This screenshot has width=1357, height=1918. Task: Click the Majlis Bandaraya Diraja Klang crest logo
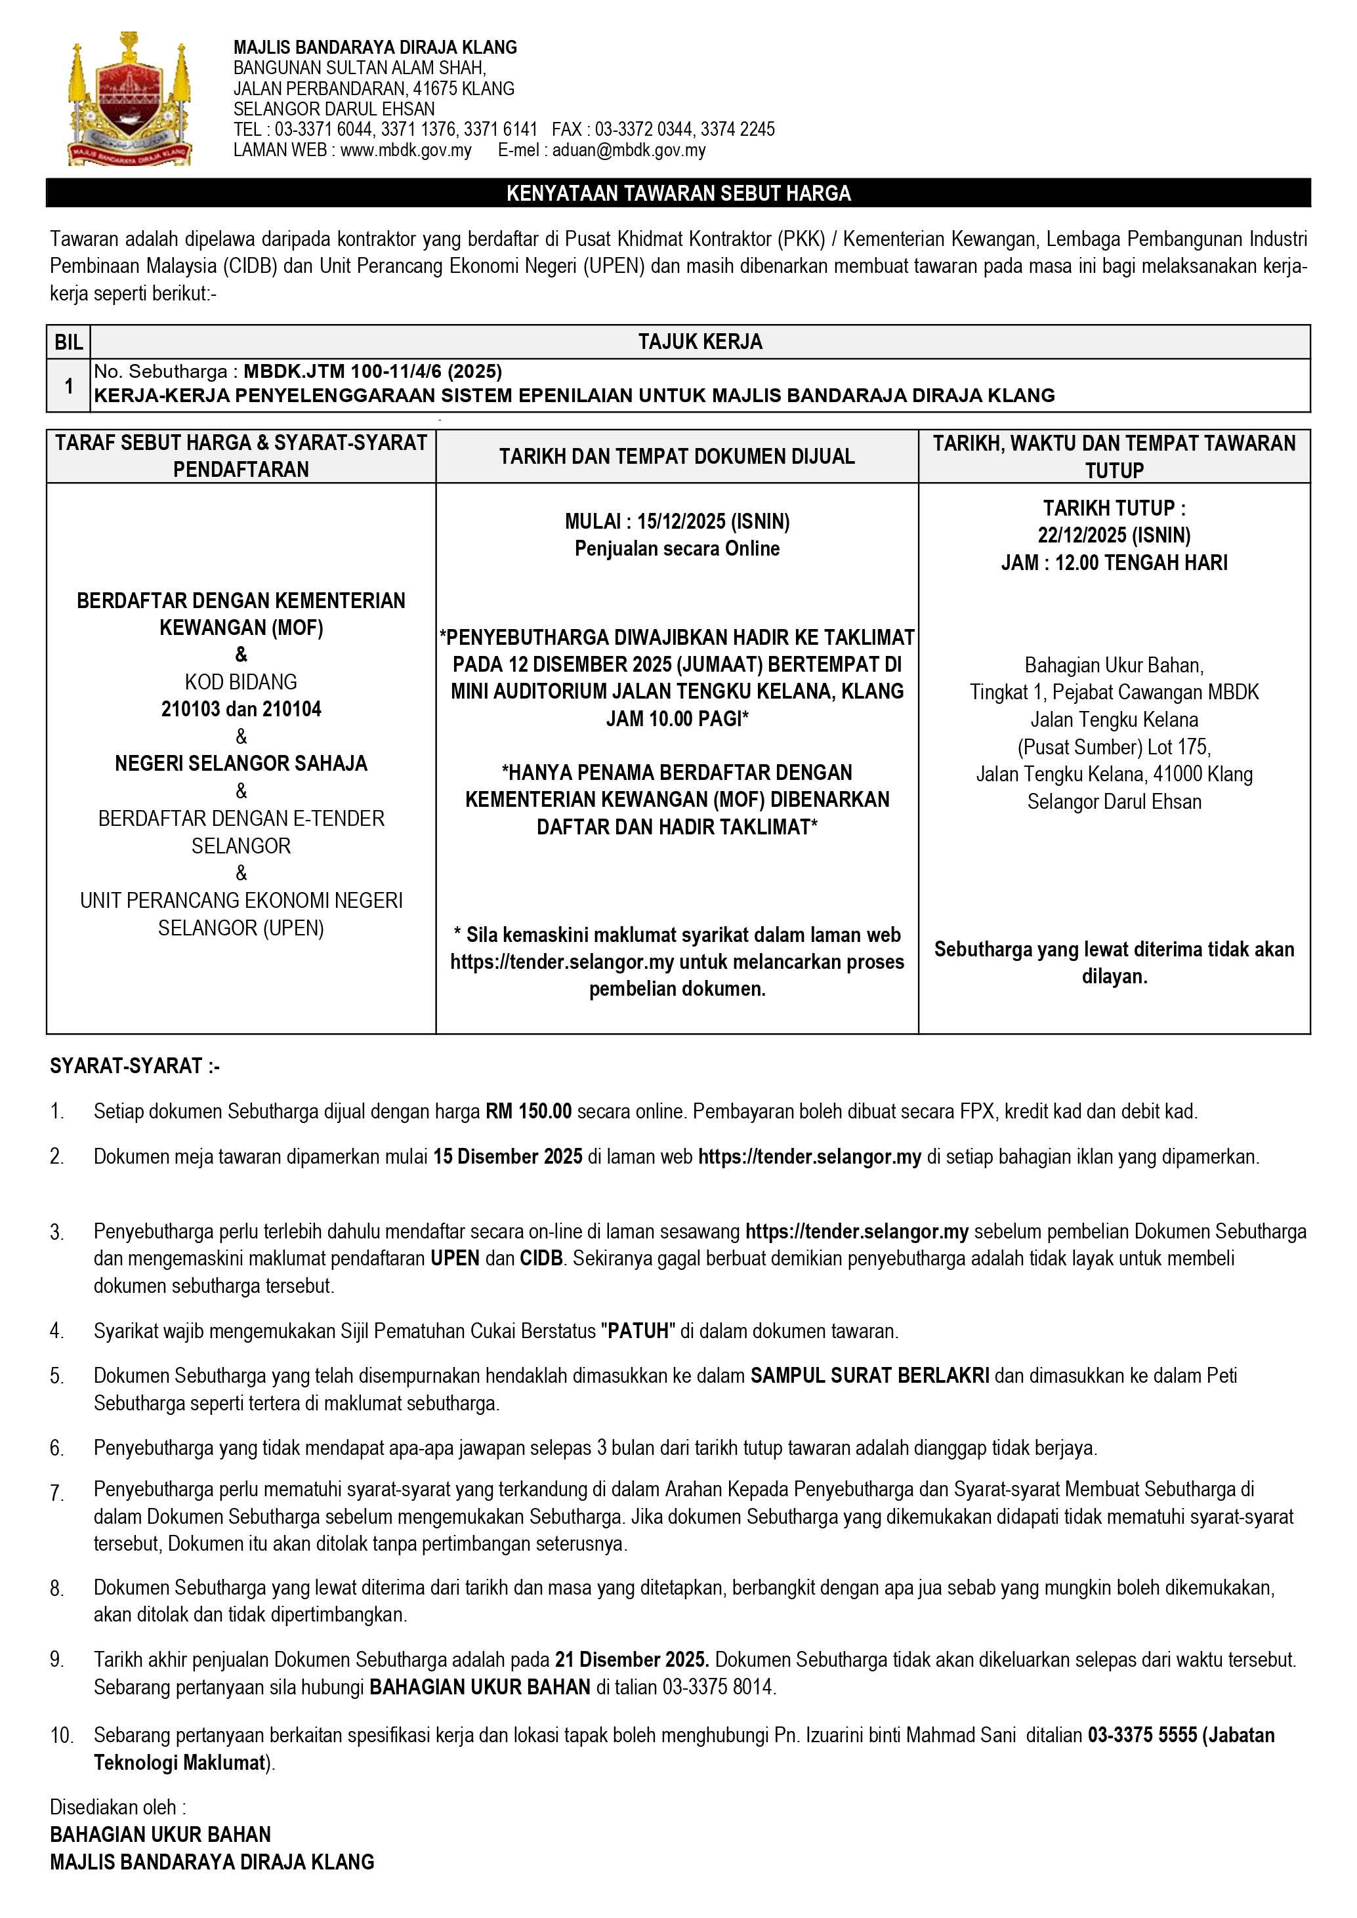(129, 98)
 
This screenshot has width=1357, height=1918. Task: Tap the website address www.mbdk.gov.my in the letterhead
(406, 150)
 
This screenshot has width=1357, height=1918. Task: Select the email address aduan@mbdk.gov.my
(629, 150)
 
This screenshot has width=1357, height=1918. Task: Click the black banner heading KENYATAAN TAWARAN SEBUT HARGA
(678, 193)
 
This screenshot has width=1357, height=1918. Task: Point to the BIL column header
(68, 342)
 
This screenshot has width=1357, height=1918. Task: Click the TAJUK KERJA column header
(699, 342)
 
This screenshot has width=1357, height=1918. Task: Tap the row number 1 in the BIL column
(68, 386)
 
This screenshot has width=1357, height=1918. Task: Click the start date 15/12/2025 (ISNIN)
(713, 521)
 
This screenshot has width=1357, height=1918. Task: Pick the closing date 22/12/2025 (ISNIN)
(1114, 535)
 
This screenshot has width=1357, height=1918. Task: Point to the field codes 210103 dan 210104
(241, 709)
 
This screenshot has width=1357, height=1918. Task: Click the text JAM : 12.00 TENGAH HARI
(1114, 562)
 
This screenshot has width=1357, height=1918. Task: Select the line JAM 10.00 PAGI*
(677, 718)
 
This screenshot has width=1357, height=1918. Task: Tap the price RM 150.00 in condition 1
(528, 1111)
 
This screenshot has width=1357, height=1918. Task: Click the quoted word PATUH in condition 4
(638, 1331)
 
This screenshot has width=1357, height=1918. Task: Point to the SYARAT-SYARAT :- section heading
(135, 1066)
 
